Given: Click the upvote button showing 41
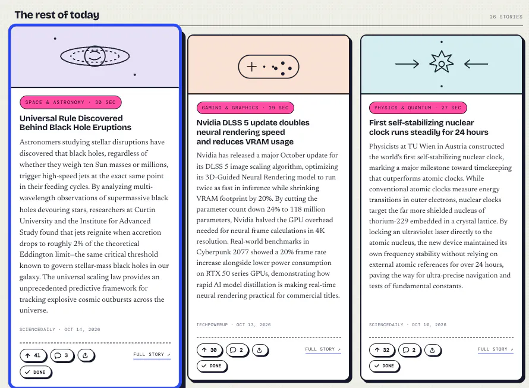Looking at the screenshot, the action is click(33, 355).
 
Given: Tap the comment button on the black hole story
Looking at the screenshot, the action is click(62, 355).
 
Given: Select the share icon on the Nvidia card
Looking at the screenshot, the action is click(259, 350).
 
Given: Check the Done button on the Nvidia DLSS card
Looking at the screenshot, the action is click(212, 366).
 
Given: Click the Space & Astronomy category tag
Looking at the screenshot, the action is click(71, 102).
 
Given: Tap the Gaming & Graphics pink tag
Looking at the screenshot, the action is click(245, 108).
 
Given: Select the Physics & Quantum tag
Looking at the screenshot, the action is click(418, 108).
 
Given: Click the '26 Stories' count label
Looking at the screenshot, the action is click(506, 17).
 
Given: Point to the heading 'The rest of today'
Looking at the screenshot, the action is click(57, 15).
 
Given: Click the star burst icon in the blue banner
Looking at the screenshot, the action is click(441, 62).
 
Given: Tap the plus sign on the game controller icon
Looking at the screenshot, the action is click(251, 67).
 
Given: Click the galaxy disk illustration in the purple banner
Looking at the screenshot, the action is click(95, 56).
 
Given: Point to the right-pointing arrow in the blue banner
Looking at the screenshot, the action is click(407, 64).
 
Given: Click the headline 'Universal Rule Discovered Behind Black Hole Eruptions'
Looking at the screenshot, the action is click(75, 123).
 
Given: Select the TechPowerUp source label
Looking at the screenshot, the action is click(212, 324).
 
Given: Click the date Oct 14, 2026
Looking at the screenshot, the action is click(82, 329).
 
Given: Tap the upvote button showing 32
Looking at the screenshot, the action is click(382, 350).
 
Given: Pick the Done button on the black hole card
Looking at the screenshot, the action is click(36, 372).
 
